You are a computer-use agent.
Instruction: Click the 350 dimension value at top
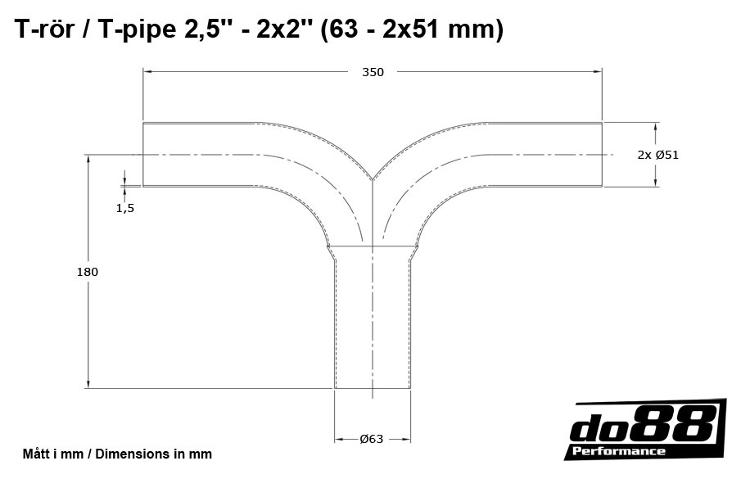pyautogui.click(x=373, y=72)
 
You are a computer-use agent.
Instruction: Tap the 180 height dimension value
pyautogui.click(x=87, y=272)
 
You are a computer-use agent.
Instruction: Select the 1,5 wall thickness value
pyautogui.click(x=124, y=208)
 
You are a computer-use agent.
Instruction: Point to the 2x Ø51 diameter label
pyautogui.click(x=657, y=155)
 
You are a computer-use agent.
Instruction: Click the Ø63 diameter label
pyautogui.click(x=372, y=439)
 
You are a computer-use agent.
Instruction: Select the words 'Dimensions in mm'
pyautogui.click(x=153, y=454)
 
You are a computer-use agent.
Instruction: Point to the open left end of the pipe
pyautogui.click(x=144, y=155)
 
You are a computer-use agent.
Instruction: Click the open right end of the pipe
pyautogui.click(x=603, y=155)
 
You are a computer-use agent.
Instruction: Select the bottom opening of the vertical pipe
pyautogui.click(x=373, y=388)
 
